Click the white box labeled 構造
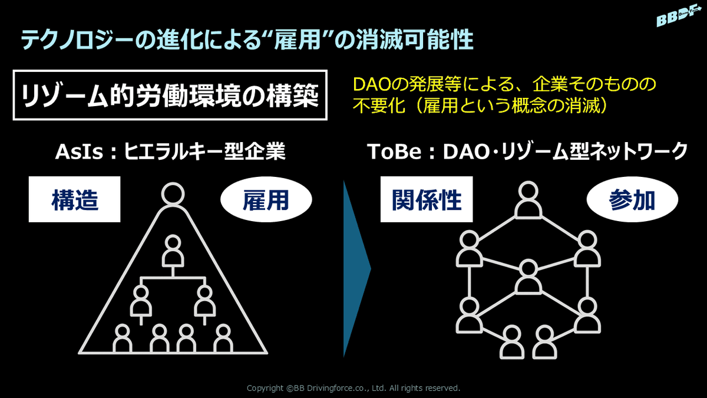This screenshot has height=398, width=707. [74, 199]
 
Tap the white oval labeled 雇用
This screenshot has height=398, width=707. [266, 200]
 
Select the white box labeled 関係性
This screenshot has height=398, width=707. [427, 199]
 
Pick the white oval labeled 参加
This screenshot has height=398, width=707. [632, 200]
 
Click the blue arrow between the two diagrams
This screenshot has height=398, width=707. [357, 269]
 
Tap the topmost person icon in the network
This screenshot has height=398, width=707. [528, 200]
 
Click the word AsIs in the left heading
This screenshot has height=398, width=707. [79, 152]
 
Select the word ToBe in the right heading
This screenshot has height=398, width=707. [394, 152]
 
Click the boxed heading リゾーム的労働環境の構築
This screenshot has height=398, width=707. [170, 95]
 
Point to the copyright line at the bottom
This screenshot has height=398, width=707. [353, 388]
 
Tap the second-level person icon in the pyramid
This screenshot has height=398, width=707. [173, 251]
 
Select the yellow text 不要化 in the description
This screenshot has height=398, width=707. [379, 106]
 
